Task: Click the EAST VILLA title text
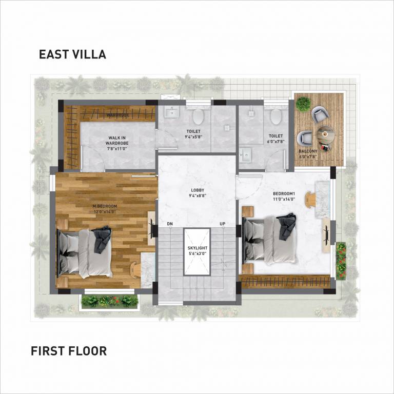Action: pos(72,54)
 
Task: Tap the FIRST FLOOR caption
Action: pos(68,351)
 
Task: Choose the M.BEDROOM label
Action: pos(105,206)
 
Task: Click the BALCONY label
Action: pos(308,151)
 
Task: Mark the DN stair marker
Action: pos(170,224)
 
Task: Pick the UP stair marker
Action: pos(222,224)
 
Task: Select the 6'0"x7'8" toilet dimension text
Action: pos(276,142)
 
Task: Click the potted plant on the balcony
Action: pos(303,104)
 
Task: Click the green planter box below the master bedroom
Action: pos(109,301)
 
